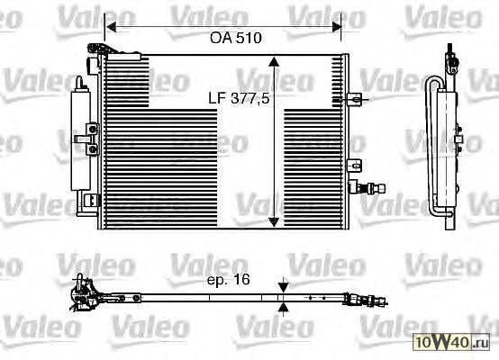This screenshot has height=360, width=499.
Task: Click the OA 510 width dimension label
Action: point(236,38)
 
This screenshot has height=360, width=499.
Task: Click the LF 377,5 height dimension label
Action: point(239,99)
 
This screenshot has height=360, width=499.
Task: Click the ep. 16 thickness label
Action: point(229,280)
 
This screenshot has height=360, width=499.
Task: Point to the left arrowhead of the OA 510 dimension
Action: point(111,27)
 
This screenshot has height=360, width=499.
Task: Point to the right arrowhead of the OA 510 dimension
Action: point(336,27)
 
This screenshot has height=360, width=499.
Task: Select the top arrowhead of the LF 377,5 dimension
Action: point(274,62)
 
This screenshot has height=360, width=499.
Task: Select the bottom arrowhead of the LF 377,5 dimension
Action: point(274,222)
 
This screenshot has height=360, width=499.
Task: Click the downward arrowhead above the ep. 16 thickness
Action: point(283,288)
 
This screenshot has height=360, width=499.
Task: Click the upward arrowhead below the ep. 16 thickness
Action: point(283,308)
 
